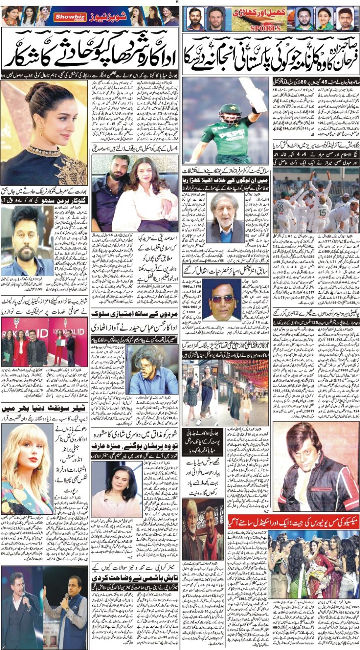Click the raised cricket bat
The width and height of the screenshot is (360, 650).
257,95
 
